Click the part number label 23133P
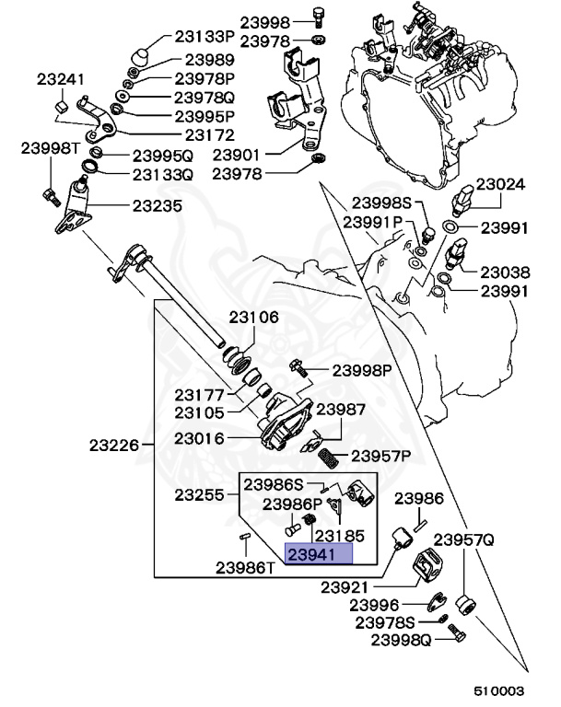coord(205,38)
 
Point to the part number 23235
coord(157,206)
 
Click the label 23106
coord(253,318)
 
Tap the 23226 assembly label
coord(114,446)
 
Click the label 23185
coord(339,534)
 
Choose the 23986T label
coord(246,567)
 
